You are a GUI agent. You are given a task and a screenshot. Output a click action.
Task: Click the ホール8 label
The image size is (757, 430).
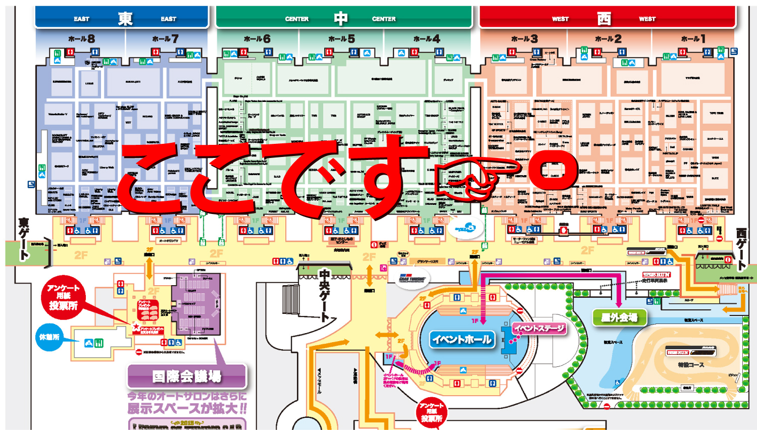tap(81, 39)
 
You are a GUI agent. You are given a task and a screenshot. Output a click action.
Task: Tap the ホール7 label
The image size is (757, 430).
tap(165, 39)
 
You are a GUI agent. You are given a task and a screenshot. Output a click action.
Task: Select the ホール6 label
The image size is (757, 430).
tap(257, 39)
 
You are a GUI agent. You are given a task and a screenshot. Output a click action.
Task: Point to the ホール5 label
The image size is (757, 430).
tap(341, 39)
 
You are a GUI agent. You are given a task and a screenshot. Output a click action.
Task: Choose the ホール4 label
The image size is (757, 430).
tap(426, 39)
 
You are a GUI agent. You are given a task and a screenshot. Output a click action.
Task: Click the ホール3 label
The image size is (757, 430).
tap(524, 39)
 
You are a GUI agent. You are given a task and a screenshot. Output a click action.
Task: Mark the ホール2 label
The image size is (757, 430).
tap(608, 39)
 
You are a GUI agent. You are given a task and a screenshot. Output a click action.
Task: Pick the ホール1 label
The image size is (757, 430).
tap(693, 39)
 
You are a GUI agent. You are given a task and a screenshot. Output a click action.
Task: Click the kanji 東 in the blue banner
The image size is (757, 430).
tap(125, 19)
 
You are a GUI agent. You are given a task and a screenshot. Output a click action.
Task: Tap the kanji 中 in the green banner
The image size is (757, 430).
tap(341, 19)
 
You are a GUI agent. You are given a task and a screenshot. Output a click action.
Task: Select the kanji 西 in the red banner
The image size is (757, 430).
tap(604, 19)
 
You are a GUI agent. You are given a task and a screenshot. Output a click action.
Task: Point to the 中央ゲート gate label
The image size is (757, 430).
tap(325, 295)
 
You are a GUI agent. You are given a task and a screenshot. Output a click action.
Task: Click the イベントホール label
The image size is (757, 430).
tap(462, 339)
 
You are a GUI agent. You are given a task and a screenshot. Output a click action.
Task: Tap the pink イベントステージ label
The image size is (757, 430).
tap(539, 329)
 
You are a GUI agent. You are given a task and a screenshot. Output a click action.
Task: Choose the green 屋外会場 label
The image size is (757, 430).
tap(619, 317)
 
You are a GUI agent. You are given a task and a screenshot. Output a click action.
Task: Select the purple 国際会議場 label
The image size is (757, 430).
tap(187, 377)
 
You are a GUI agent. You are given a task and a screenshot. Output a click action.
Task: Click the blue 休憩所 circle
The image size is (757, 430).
tap(49, 337)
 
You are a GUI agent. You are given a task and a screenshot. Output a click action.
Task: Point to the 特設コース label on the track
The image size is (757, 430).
tap(691, 365)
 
